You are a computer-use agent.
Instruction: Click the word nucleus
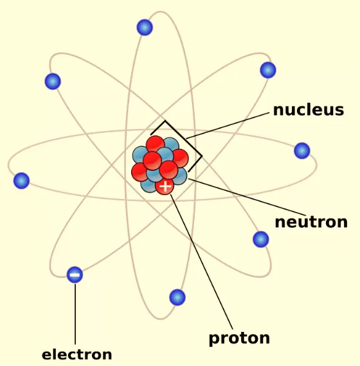point(309,110)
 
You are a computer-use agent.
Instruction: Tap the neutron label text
point(311,222)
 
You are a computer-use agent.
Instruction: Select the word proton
point(239,338)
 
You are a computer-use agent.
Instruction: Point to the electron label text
point(77,355)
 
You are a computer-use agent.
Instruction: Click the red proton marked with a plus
point(165,186)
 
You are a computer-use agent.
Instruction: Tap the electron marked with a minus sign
point(75,275)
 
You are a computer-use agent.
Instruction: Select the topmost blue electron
point(145,28)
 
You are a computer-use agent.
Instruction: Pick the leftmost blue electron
point(21,180)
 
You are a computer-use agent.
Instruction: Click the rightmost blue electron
point(302,150)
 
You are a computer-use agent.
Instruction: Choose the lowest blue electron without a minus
point(177,297)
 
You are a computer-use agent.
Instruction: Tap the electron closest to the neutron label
point(261,240)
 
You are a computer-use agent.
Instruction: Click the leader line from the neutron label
point(247,197)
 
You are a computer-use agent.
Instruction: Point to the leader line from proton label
point(202,262)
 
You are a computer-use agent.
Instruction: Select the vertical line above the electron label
point(75,314)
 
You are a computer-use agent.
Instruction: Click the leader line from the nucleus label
point(228,126)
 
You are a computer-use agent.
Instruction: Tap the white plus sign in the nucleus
point(165,186)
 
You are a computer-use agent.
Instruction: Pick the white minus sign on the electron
point(75,275)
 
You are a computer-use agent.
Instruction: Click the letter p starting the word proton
point(213,340)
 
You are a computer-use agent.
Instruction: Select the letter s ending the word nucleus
point(339,111)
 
